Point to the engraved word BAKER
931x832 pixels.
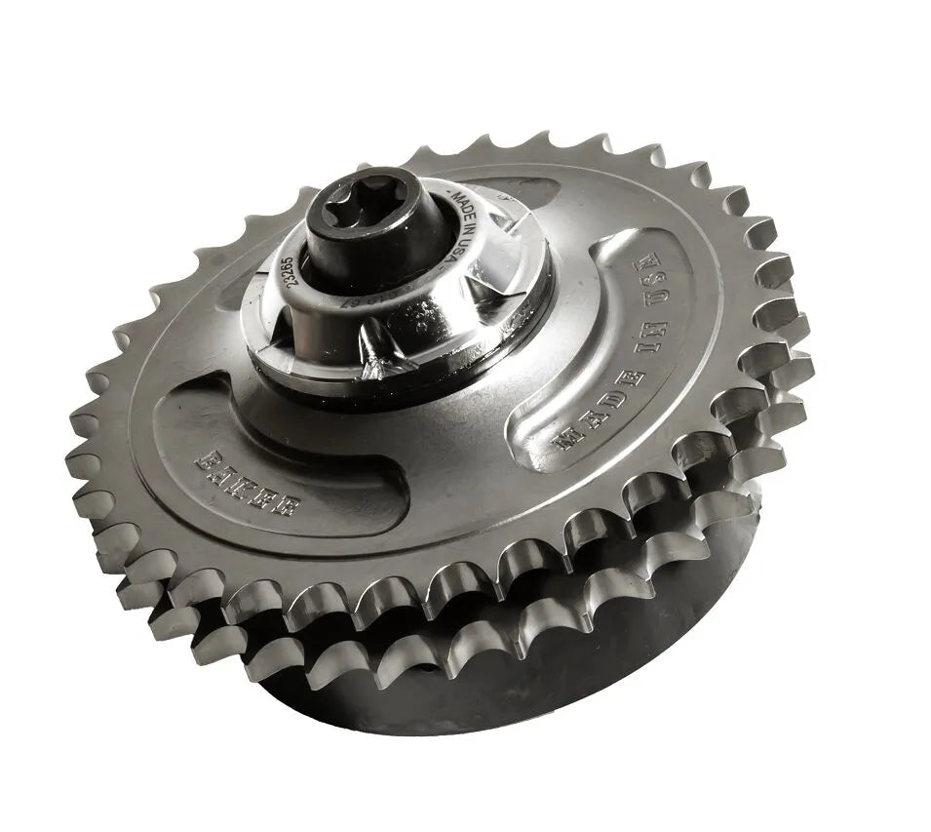249,480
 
